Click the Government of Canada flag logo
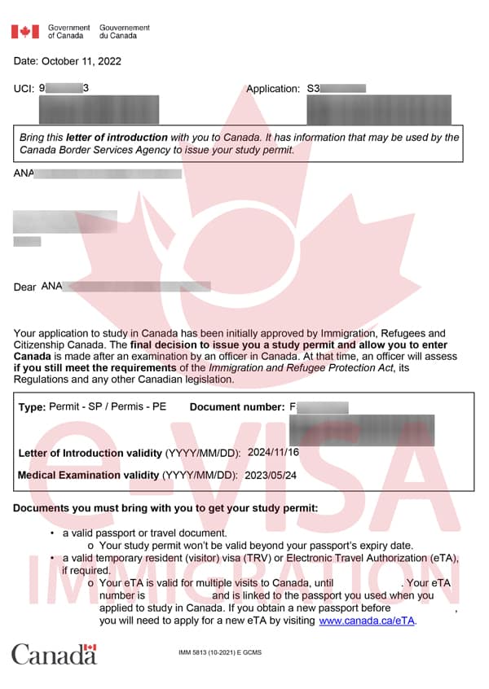pos(24,32)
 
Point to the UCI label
pos(24,88)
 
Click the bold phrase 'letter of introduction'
pos(117,138)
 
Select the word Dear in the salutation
pos(25,287)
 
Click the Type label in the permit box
pos(32,406)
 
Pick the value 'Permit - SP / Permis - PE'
pos(108,406)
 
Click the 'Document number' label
pos(236,406)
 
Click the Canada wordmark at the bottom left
pos(54,653)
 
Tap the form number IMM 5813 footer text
pos(220,652)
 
